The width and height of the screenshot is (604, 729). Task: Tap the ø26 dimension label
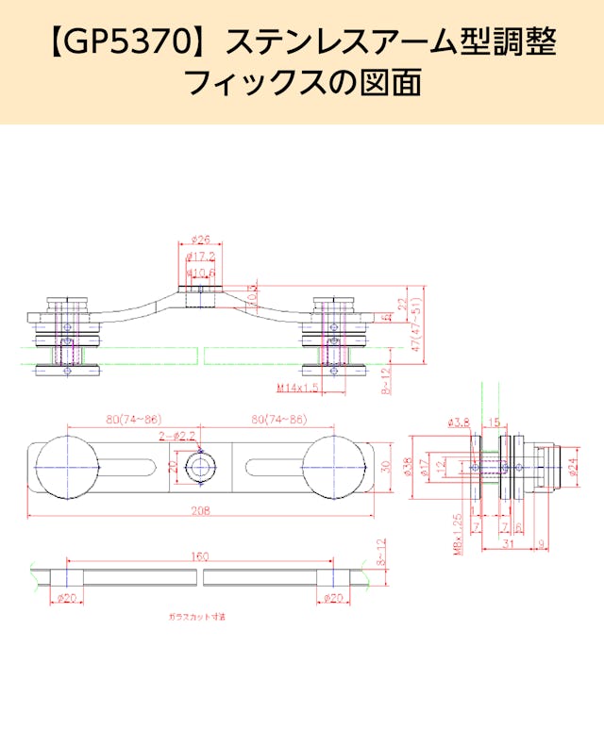(x=199, y=240)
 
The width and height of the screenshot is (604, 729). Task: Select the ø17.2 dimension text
(x=201, y=256)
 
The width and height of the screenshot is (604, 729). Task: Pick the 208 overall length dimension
(x=199, y=510)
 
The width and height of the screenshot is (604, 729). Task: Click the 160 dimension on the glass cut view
(x=199, y=557)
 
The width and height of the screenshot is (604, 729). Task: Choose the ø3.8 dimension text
(x=459, y=422)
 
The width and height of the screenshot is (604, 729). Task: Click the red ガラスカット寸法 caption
(x=197, y=617)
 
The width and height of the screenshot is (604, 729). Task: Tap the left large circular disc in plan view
(x=66, y=467)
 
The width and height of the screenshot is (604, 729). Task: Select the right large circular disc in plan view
(x=334, y=467)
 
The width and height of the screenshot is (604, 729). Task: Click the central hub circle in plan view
(x=199, y=467)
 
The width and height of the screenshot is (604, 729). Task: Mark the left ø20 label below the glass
(x=67, y=598)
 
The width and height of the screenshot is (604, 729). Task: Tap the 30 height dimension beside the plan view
(x=385, y=467)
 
